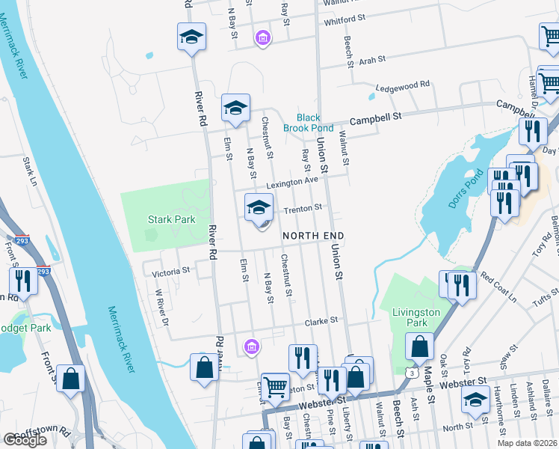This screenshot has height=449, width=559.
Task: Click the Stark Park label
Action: tap(170, 219)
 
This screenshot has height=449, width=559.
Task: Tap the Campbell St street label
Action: tap(377, 117)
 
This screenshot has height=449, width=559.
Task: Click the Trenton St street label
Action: tap(302, 207)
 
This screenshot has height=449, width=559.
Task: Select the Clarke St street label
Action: tap(321, 320)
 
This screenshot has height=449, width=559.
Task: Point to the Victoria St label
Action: tap(170, 272)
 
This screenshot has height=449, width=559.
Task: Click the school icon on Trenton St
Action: tap(259, 208)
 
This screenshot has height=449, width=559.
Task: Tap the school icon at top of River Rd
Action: tap(191, 37)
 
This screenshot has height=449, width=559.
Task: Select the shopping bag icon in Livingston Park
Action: tap(420, 347)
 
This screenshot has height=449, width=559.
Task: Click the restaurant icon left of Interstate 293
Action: tap(23, 282)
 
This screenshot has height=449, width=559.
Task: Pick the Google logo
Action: tap(25, 440)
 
